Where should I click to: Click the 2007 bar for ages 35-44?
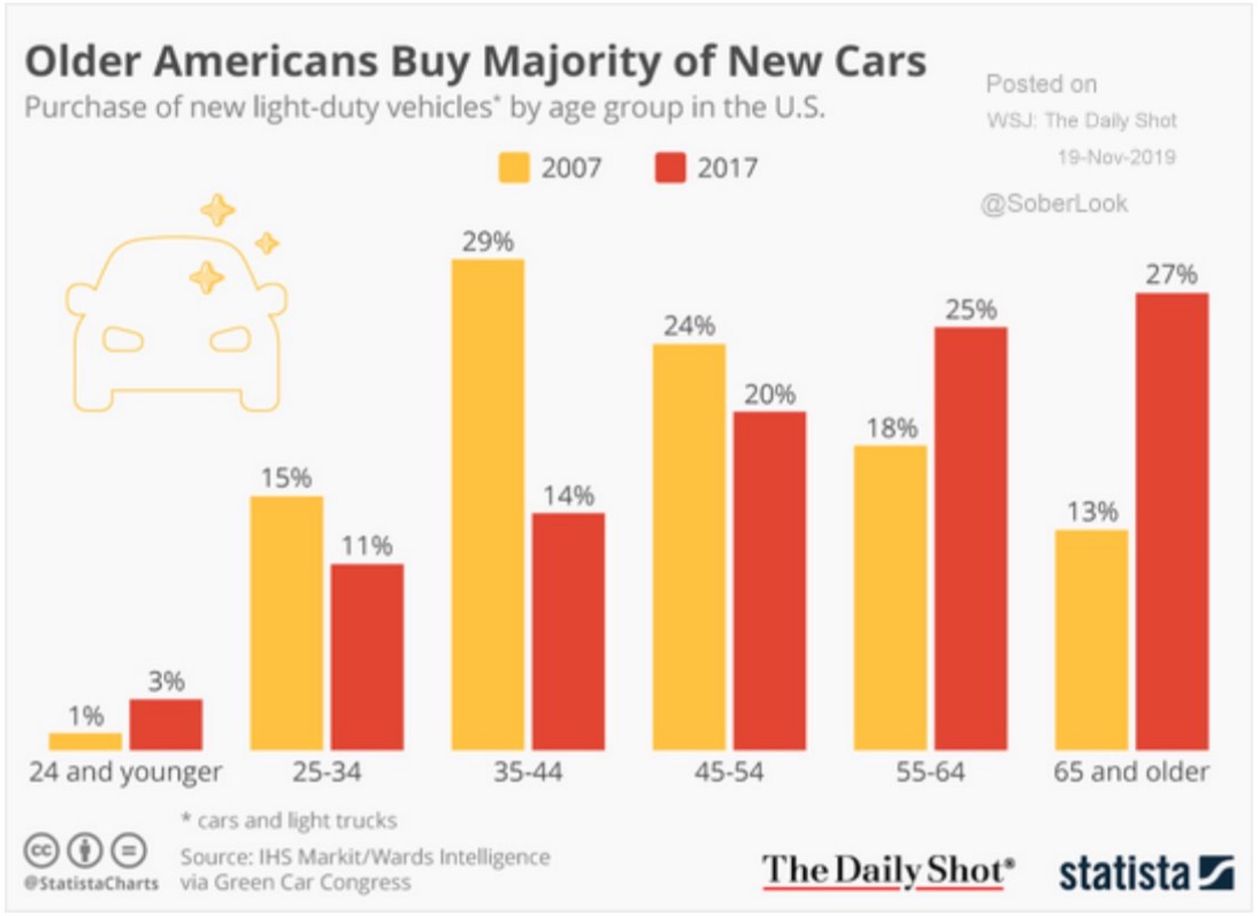point(488,504)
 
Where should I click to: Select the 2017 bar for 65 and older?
point(1172,521)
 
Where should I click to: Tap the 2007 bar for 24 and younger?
point(86,741)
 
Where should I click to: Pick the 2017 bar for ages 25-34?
point(367,656)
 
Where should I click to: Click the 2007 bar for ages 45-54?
point(689,547)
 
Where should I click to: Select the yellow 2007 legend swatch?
point(514,168)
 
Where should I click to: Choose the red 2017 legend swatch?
point(670,168)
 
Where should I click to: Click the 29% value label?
point(488,242)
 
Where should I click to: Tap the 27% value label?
point(1172,274)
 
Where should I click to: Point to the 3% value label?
point(166,681)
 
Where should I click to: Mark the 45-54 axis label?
point(729,772)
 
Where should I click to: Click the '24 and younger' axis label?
point(125,772)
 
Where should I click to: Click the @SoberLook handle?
point(1054,203)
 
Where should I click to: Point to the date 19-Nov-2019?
point(1116,157)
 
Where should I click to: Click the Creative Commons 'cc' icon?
point(42,850)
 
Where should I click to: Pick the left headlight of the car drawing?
point(123,340)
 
